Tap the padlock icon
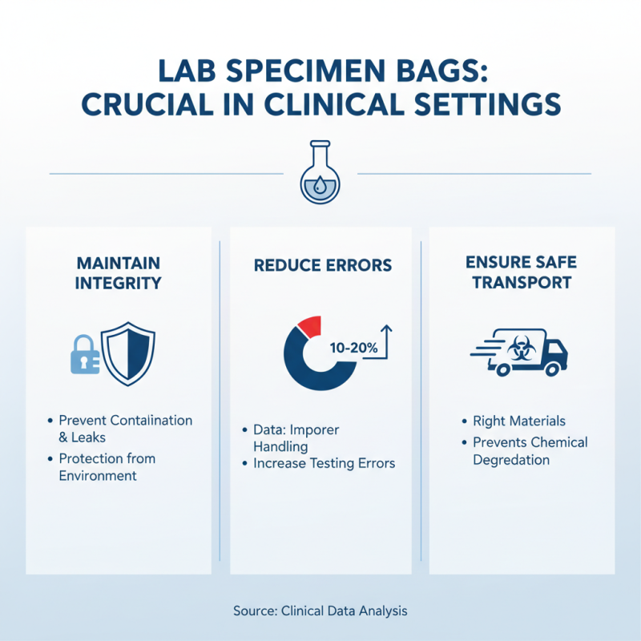coord(86,354)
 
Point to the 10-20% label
coord(353,349)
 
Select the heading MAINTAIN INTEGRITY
coord(119,272)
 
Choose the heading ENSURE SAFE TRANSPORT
coord(522,272)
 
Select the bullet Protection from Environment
coord(107,467)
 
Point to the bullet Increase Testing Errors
coord(325,464)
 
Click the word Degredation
coord(511,460)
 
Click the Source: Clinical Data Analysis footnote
coord(320,611)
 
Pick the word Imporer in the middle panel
coord(314,430)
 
